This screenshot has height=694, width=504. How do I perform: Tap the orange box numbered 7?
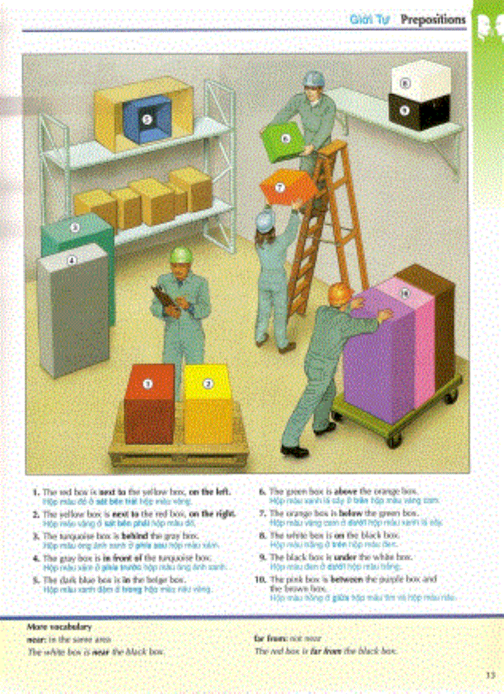tap(280, 186)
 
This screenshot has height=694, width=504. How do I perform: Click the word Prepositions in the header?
tap(433, 20)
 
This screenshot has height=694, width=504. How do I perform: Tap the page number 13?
tap(490, 675)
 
